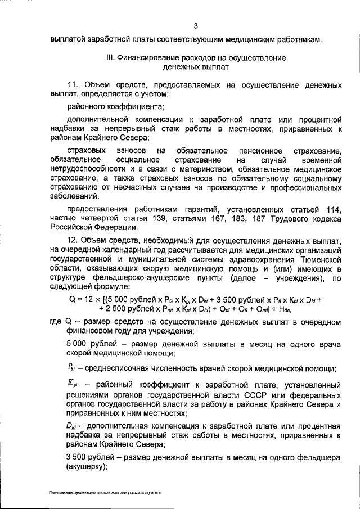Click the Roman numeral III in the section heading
tap(110, 57)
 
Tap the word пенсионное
tap(259, 151)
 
